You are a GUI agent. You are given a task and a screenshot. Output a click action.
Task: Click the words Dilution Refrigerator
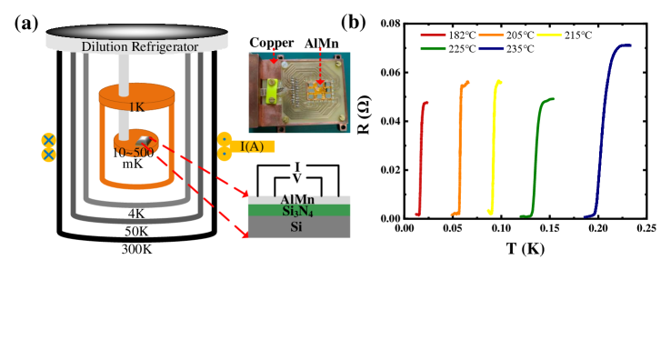tap(139, 46)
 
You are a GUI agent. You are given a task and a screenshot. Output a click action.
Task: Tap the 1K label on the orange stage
tap(136, 107)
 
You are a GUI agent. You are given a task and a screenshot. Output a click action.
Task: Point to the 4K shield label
tap(136, 215)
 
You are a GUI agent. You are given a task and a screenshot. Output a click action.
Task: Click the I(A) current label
tap(254, 145)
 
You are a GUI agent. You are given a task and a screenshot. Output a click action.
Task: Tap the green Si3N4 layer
tap(298, 210)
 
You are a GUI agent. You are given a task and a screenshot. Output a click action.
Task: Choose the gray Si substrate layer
tap(298, 226)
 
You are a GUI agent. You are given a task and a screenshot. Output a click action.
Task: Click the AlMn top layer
tap(298, 198)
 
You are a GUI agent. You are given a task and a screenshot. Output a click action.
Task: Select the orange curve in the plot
tap(460, 145)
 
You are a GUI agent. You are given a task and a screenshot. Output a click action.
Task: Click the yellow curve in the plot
tap(494, 145)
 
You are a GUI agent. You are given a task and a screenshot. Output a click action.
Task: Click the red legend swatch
tap(433, 35)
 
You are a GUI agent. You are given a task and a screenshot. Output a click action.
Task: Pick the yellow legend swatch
tap(549, 35)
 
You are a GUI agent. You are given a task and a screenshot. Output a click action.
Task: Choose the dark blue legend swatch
tap(491, 48)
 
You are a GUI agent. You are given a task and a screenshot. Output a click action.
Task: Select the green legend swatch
tap(433, 48)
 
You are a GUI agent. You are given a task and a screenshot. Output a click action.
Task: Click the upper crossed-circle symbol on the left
tap(48, 140)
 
